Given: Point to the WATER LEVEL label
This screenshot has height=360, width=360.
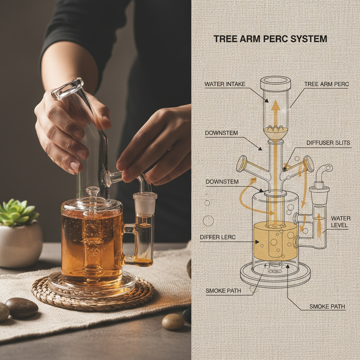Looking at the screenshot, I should point(341,221).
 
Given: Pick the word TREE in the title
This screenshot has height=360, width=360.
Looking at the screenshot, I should point(225,39).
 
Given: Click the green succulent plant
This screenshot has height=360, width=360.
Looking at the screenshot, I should point(18,213).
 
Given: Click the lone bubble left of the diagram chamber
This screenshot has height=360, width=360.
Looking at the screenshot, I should point(208,221).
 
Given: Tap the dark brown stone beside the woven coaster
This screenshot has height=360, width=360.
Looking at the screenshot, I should point(22,308).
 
